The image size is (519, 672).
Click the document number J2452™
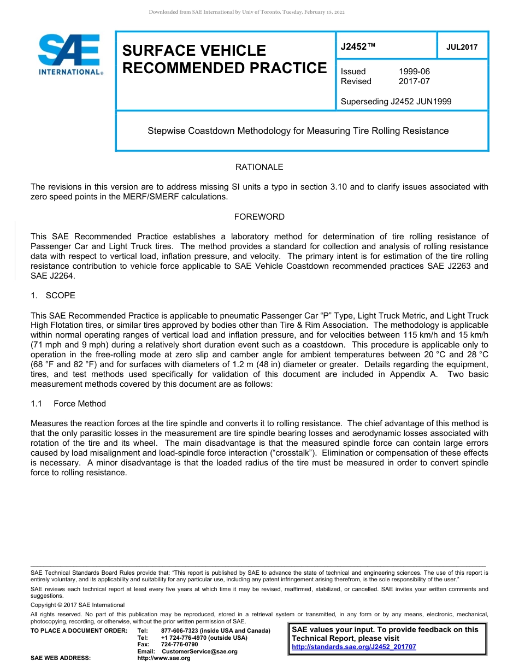[x=358, y=46]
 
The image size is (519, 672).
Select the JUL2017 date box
[x=462, y=47]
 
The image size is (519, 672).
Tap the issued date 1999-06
[x=414, y=72]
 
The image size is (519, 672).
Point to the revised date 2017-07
[x=414, y=81]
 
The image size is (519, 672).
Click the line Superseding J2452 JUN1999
[x=396, y=101]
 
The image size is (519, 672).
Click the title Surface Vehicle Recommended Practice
[x=224, y=59]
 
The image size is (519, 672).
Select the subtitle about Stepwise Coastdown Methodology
[x=298, y=131]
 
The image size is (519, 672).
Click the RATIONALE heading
[x=259, y=167]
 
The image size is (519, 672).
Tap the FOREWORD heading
[x=259, y=217]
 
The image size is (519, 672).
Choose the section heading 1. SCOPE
[x=53, y=296]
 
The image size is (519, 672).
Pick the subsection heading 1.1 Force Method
[x=68, y=404]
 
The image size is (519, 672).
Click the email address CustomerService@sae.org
[x=199, y=651]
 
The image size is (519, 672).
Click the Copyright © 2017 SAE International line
[x=78, y=605]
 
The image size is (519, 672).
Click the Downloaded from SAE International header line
[x=246, y=12]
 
